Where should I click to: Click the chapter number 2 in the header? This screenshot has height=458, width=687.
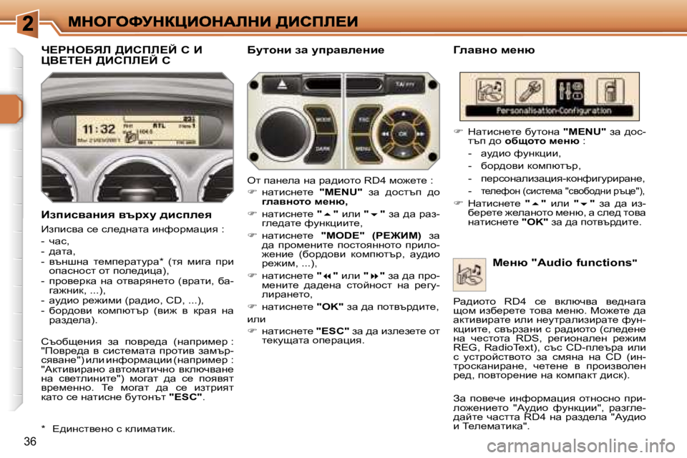[x=29, y=21]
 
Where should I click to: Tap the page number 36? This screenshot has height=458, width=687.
[x=31, y=440]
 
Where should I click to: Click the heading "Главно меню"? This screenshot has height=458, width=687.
[x=494, y=50]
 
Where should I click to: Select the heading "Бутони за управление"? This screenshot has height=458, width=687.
[x=315, y=50]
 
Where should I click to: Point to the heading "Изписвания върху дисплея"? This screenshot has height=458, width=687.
[x=125, y=214]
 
